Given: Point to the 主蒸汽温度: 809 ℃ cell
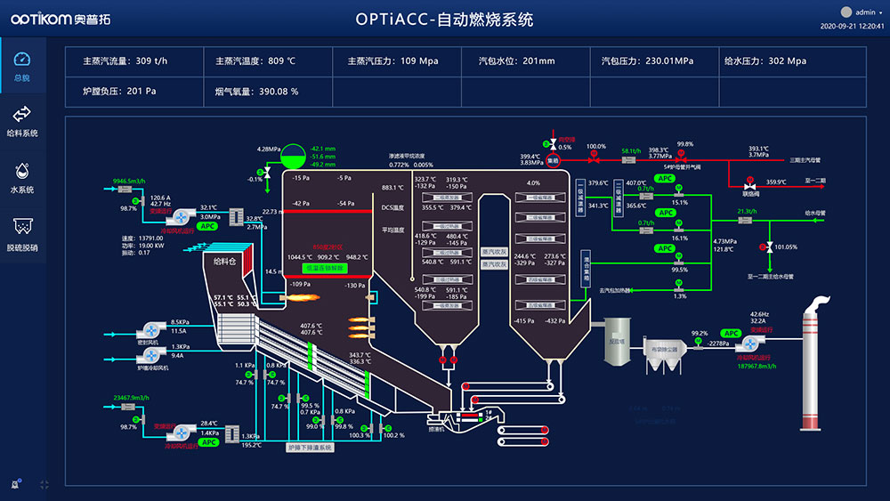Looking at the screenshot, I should pyautogui.click(x=255, y=61).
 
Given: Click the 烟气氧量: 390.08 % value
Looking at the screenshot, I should pyautogui.click(x=256, y=91).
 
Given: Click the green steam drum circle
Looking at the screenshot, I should pyautogui.click(x=291, y=158).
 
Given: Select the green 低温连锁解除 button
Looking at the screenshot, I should pyautogui.click(x=326, y=266).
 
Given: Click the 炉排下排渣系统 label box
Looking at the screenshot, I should pyautogui.click(x=311, y=448).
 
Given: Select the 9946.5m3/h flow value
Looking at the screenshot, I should pyautogui.click(x=128, y=181).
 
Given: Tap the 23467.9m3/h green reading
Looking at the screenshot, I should pyautogui.click(x=128, y=398).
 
